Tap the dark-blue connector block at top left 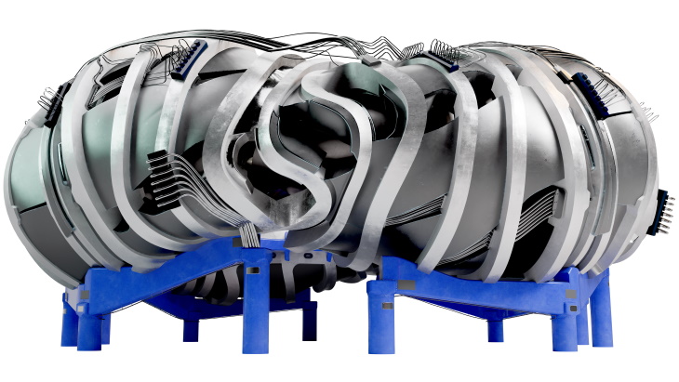point(185,60)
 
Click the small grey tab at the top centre point(369,60)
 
